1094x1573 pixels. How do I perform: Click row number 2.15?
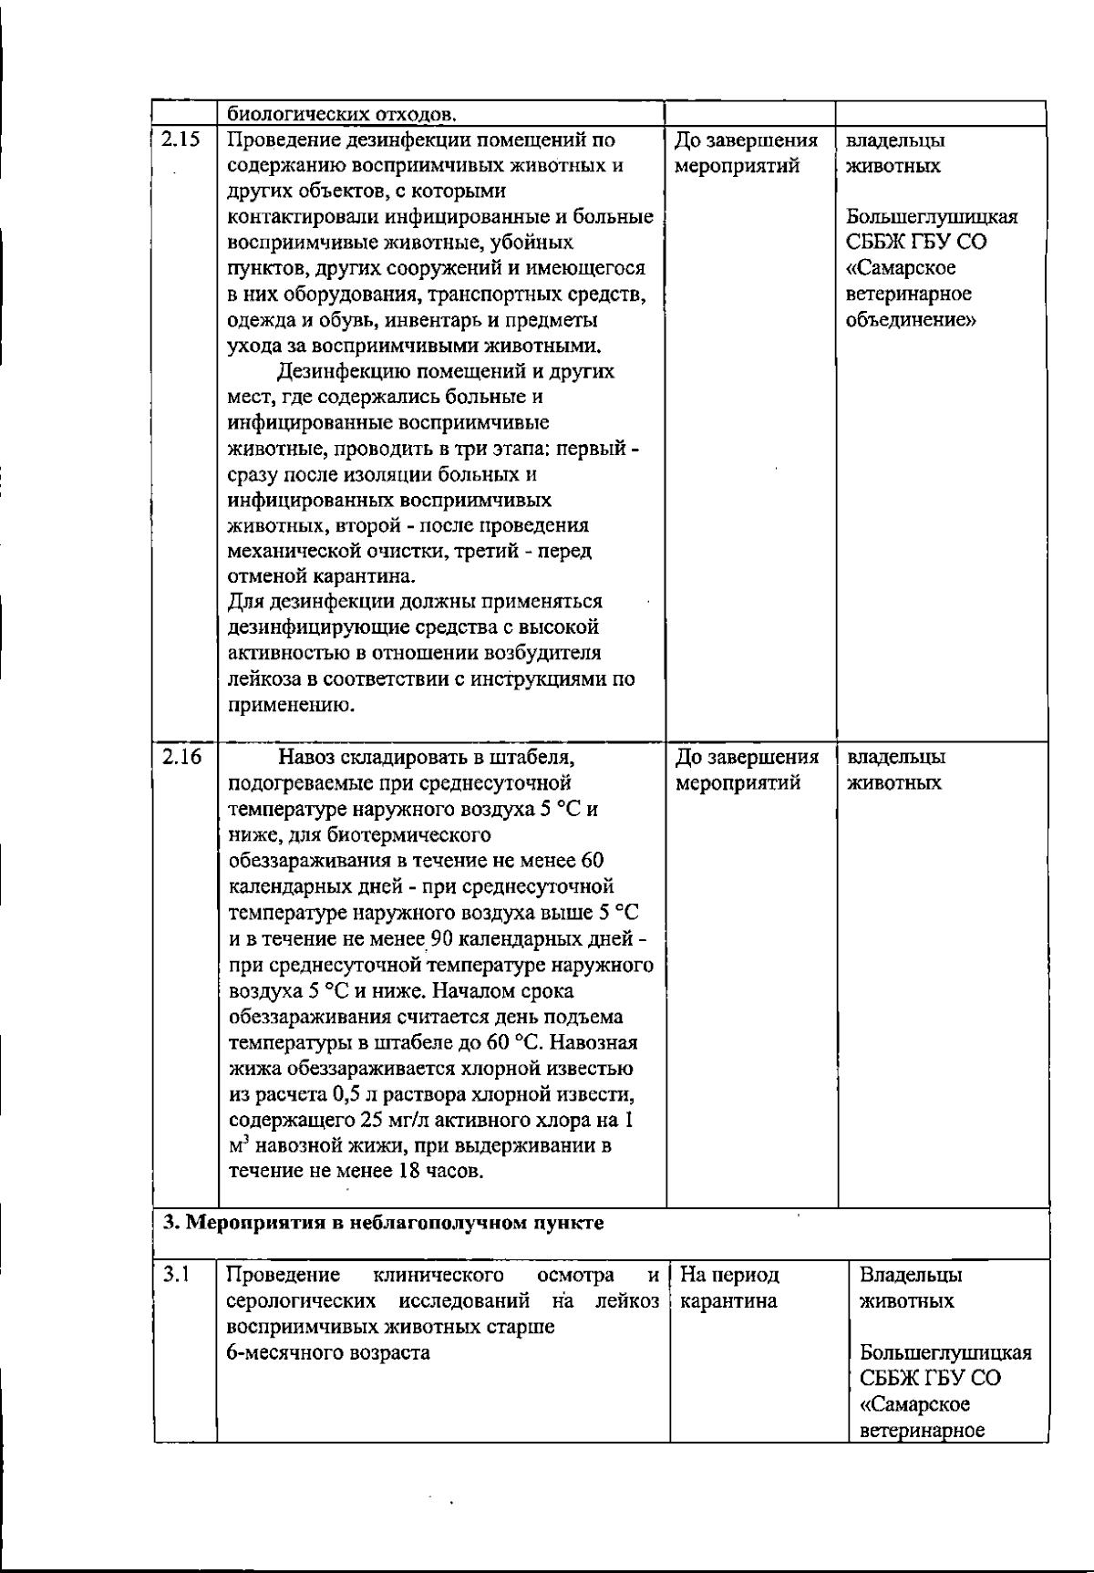(x=181, y=140)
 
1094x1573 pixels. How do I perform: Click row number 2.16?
(x=181, y=757)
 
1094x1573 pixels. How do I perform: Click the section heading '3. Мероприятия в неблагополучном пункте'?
(x=383, y=1222)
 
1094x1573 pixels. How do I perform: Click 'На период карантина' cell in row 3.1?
(x=729, y=1288)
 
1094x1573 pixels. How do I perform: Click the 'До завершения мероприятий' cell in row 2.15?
(x=746, y=153)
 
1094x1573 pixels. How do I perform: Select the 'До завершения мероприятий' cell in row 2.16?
(x=746, y=770)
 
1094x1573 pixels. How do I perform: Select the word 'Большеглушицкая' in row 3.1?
(x=945, y=1352)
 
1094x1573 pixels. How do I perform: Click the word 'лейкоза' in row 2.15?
(x=259, y=679)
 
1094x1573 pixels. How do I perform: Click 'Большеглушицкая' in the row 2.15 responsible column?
(x=932, y=218)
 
